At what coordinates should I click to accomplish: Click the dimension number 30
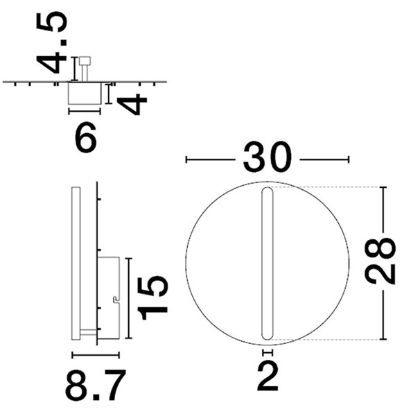(267, 157)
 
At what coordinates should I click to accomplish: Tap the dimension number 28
(380, 261)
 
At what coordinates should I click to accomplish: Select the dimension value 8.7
(96, 385)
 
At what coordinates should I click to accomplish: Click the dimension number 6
(86, 137)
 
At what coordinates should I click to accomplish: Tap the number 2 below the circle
(268, 376)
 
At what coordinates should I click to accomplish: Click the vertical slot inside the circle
(267, 263)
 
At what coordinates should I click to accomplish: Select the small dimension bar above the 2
(268, 353)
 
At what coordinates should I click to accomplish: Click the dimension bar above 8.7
(96, 355)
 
